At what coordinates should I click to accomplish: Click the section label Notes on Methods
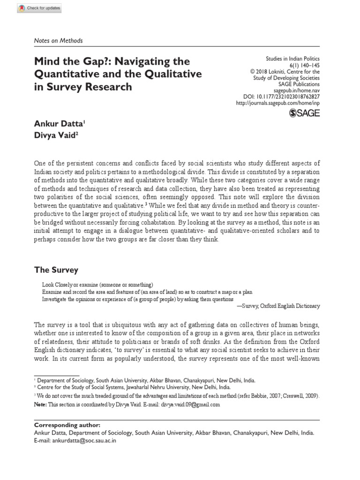59,41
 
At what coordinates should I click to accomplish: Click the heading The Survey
56,270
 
